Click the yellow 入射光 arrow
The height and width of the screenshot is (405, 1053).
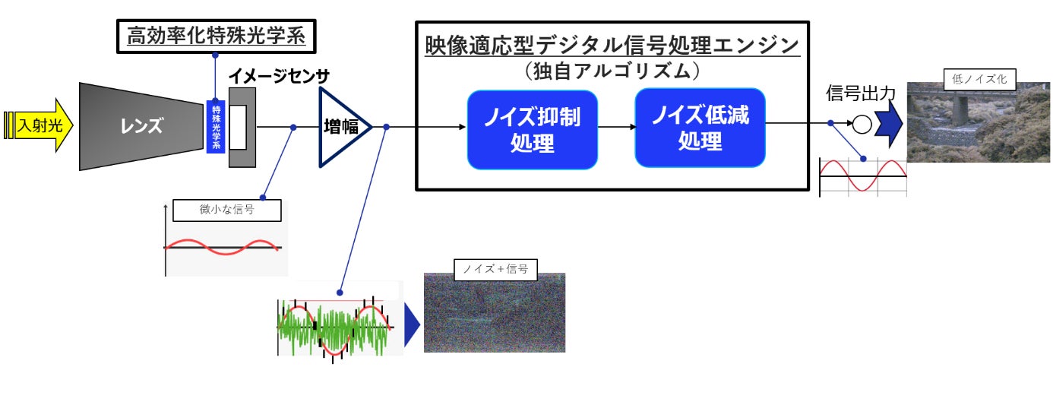[x=42, y=125]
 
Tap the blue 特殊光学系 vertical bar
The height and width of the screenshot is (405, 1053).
[x=217, y=126]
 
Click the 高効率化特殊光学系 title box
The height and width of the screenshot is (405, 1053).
[x=215, y=36]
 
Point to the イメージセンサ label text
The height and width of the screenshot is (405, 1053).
[x=278, y=78]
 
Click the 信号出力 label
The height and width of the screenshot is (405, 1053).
[x=861, y=94]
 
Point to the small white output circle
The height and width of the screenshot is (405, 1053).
[x=862, y=125]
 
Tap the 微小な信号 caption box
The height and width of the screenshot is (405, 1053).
[x=226, y=210]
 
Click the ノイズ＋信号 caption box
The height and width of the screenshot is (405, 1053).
[x=495, y=268]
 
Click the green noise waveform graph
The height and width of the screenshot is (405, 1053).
[x=334, y=328]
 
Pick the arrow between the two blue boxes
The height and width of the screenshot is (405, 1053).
[x=615, y=128]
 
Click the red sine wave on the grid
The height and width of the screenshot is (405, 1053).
[x=862, y=176]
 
